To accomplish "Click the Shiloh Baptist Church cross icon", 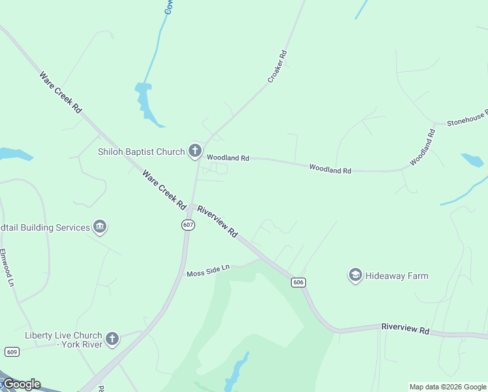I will pyautogui.click(x=194, y=152).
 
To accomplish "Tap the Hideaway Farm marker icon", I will pyautogui.click(x=355, y=276).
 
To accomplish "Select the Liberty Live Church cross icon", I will pyautogui.click(x=112, y=338).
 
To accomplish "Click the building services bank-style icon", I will pyautogui.click(x=100, y=227).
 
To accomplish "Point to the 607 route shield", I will pyautogui.click(x=188, y=225).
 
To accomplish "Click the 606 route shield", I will pyautogui.click(x=298, y=282).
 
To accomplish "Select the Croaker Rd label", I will pyautogui.click(x=277, y=67).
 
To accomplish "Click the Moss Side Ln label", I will pyautogui.click(x=208, y=270).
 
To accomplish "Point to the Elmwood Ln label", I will pyautogui.click(x=7, y=267).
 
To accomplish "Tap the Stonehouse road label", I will pyautogui.click(x=466, y=118).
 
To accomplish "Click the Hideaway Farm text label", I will pyautogui.click(x=397, y=276).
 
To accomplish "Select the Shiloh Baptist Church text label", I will pyautogui.click(x=141, y=152).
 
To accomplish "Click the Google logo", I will pyautogui.click(x=21, y=384).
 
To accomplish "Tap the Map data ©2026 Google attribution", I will pyautogui.click(x=448, y=387).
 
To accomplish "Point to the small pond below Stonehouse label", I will pyautogui.click(x=472, y=160).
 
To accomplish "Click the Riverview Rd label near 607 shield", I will pyautogui.click(x=218, y=221).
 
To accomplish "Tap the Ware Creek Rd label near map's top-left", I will pyautogui.click(x=60, y=92).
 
